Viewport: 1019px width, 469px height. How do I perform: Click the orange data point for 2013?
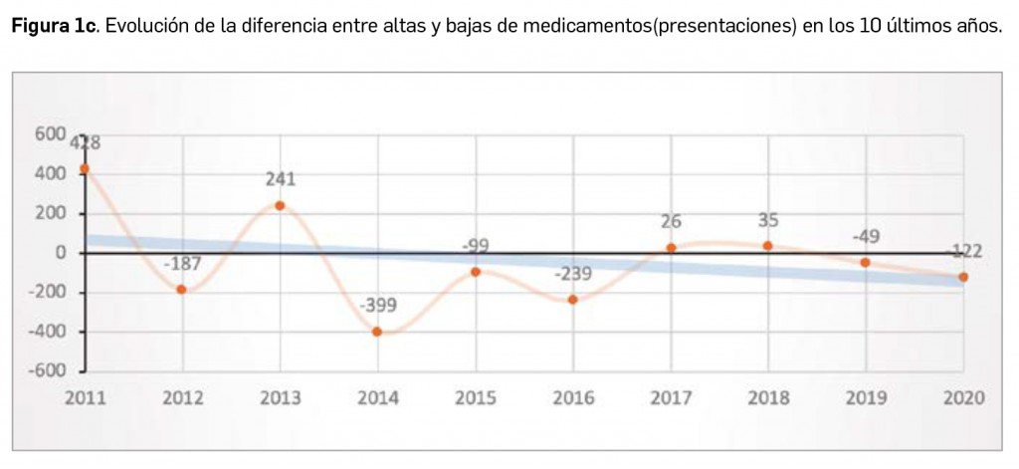tap(280, 205)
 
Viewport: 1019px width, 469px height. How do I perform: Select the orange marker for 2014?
tap(377, 332)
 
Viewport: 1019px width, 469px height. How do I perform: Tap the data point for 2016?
tap(572, 300)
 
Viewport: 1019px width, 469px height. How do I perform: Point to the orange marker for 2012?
tap(182, 289)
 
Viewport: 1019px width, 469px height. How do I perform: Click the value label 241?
tap(281, 179)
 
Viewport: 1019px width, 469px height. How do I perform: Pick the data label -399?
tap(378, 305)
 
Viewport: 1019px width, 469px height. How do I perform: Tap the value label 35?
tap(767, 220)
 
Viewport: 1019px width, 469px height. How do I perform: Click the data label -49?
tap(865, 237)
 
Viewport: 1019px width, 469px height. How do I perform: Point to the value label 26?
tap(671, 221)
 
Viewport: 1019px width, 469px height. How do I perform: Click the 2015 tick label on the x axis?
tap(475, 398)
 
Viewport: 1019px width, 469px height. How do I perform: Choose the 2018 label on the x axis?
tap(767, 398)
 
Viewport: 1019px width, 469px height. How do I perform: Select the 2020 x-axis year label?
tap(962, 398)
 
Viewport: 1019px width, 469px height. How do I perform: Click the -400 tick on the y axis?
tap(47, 332)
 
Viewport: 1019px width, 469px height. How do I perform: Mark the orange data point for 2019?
tap(865, 262)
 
